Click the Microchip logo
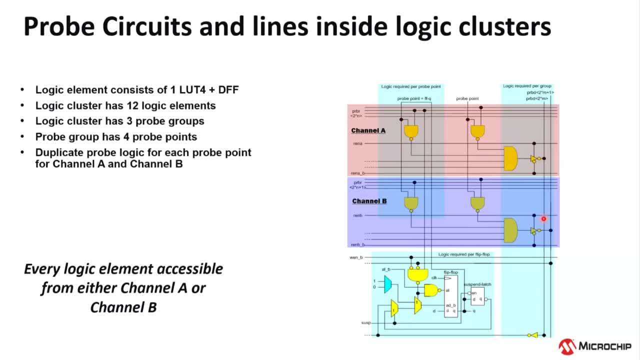595,346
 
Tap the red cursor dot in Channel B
543,218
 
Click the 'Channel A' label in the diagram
368,130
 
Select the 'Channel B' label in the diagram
369,201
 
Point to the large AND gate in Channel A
510,159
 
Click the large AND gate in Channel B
510,230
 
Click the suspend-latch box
477,296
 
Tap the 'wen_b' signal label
355,257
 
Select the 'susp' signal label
366,323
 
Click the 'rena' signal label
357,143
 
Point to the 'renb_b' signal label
357,244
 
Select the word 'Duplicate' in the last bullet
59,152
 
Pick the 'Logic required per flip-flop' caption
464,254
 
